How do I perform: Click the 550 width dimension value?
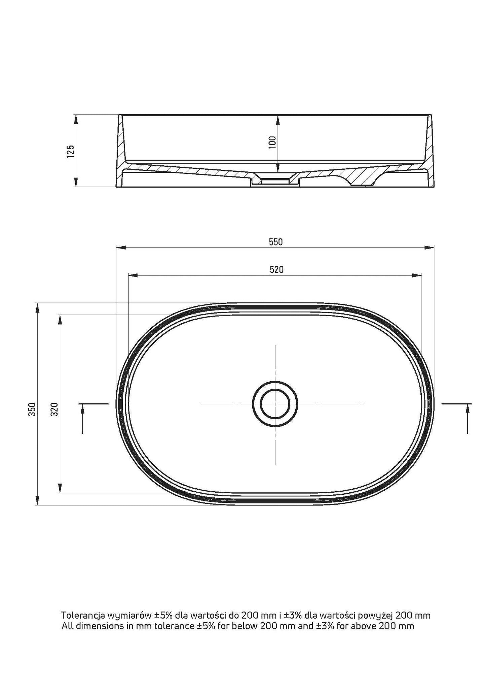point(275,242)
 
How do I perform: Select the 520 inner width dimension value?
point(276,269)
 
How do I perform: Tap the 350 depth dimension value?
point(32,409)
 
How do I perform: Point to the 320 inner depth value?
point(55,409)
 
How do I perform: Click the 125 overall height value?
point(70,152)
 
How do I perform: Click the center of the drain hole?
point(275,403)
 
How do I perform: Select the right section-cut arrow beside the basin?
point(468,418)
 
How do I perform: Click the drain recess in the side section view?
point(275,181)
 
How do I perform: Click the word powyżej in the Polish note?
point(375,616)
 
